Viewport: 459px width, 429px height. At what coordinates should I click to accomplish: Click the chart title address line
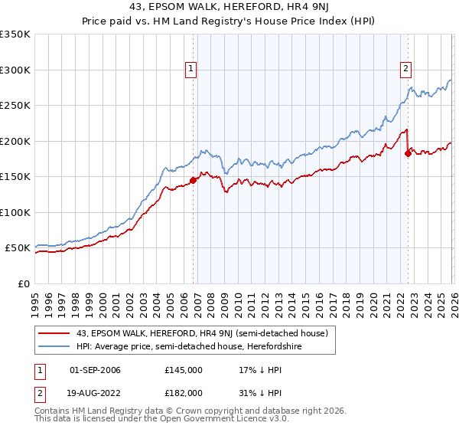pyautogui.click(x=229, y=8)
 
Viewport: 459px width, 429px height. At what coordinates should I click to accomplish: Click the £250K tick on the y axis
pyautogui.click(x=15, y=106)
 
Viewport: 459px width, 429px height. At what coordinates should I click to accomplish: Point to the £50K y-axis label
pyautogui.click(x=18, y=248)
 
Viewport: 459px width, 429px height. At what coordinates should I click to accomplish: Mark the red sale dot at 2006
pyautogui.click(x=193, y=181)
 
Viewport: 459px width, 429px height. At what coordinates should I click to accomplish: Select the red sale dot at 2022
pyautogui.click(x=408, y=154)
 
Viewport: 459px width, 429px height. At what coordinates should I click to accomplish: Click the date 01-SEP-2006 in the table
pyautogui.click(x=95, y=370)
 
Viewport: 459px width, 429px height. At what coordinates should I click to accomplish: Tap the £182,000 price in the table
pyautogui.click(x=184, y=392)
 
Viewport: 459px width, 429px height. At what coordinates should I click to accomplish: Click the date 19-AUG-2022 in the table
pyautogui.click(x=95, y=392)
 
